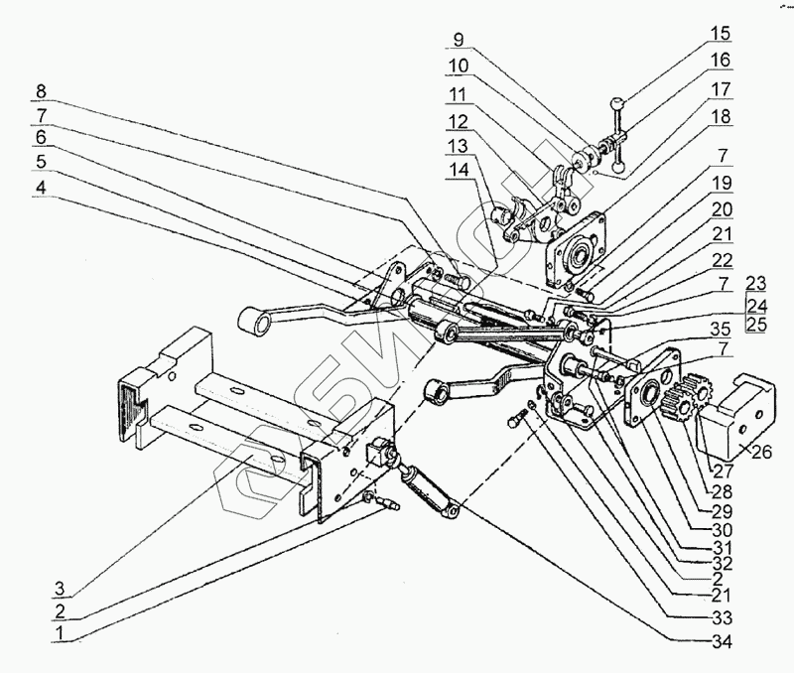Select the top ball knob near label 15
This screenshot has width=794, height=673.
pos(617,101)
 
